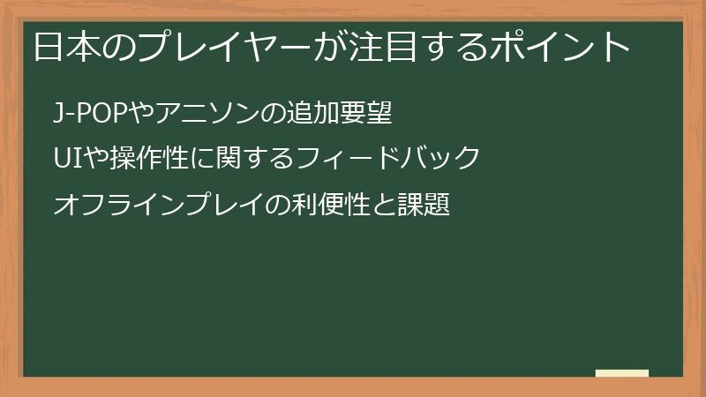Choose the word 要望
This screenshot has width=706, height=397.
364,113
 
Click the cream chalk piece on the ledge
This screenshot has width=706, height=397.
622,373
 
